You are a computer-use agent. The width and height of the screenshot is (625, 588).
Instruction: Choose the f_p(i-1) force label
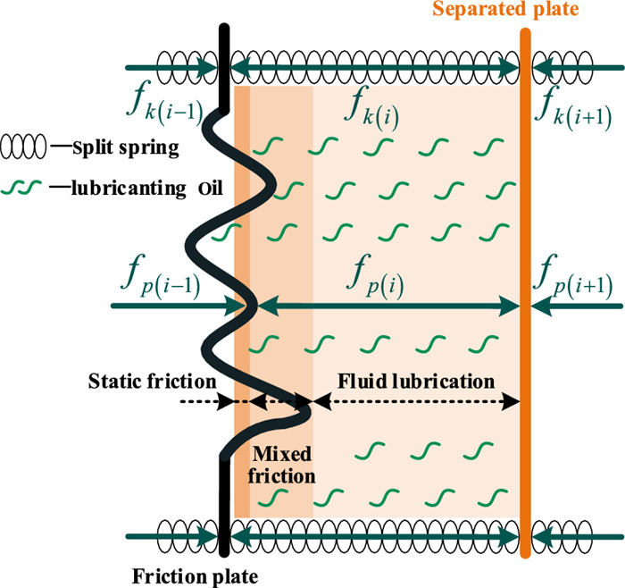163,279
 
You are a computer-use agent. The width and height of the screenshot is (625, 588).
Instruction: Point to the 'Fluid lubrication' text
416,381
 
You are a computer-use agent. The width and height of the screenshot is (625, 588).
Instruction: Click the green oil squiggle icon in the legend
28,187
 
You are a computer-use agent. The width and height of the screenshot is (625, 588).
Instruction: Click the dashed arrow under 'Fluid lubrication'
417,402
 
